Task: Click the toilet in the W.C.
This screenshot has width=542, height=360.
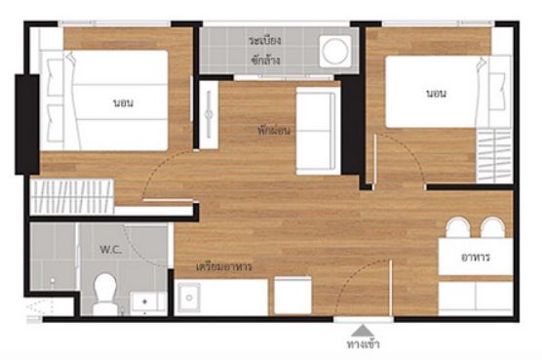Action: pyautogui.click(x=104, y=294)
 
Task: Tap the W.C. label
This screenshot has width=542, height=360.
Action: pyautogui.click(x=110, y=250)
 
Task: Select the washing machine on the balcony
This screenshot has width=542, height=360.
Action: pyautogui.click(x=335, y=51)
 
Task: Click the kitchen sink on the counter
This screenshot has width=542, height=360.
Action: pyautogui.click(x=189, y=297)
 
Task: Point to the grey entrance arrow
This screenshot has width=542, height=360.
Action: pyautogui.click(x=363, y=331)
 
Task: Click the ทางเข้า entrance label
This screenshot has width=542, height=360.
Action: pyautogui.click(x=363, y=344)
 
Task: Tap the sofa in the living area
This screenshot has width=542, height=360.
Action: pyautogui.click(x=318, y=131)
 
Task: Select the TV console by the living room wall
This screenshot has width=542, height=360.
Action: pyautogui.click(x=209, y=114)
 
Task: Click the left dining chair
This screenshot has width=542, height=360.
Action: pyautogui.click(x=456, y=228)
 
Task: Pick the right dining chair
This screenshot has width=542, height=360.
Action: pyautogui.click(x=493, y=228)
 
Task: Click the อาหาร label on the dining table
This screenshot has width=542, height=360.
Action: pyautogui.click(x=476, y=257)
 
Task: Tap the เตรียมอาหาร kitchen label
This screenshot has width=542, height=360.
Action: pyautogui.click(x=223, y=267)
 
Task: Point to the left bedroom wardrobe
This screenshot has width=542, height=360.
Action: pyautogui.click(x=72, y=196)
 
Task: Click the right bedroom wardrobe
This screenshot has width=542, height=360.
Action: pyautogui.click(x=494, y=156)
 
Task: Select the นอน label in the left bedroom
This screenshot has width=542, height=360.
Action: pyautogui.click(x=123, y=103)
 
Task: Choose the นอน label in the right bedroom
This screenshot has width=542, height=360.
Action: pyautogui.click(x=436, y=94)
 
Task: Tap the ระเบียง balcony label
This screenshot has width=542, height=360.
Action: pyautogui.click(x=264, y=40)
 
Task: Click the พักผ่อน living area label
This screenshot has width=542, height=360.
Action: pyautogui.click(x=274, y=131)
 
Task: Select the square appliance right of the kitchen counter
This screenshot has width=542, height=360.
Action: pyautogui.click(x=292, y=296)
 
